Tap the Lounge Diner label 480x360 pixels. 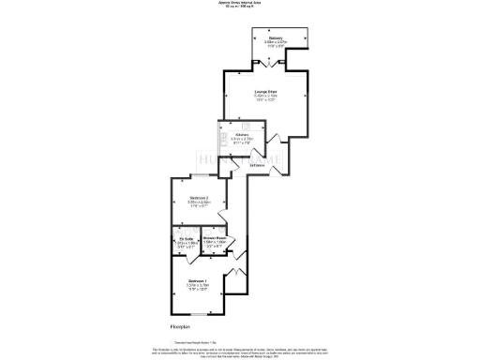coord(266,91)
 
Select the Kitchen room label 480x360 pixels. coord(241,136)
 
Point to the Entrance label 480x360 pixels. coord(256,166)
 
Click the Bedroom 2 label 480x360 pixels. coord(199,198)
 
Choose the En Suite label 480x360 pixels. coord(185,238)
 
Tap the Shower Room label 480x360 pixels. coord(215,238)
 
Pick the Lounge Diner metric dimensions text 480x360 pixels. coord(266,96)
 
